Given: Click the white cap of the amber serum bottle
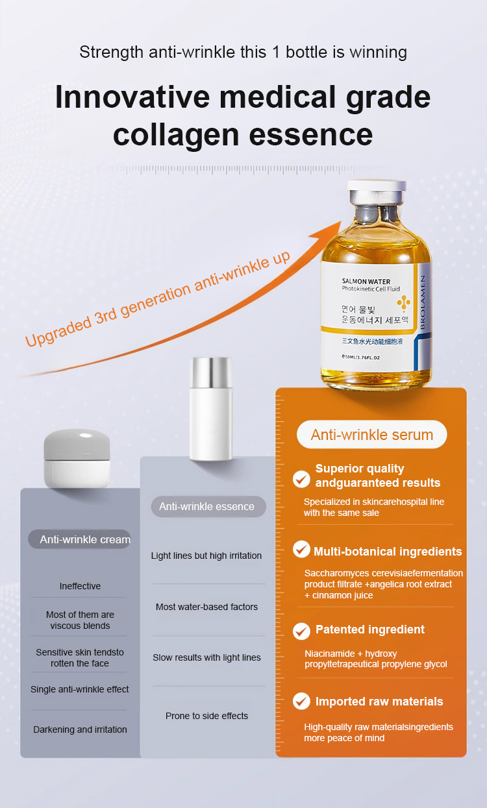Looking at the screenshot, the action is (x=376, y=185).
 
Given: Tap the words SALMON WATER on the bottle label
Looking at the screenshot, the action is (x=366, y=282).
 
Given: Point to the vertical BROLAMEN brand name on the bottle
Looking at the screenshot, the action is (x=422, y=302).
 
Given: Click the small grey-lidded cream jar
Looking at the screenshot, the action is (x=77, y=458).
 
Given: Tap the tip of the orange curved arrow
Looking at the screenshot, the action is (x=341, y=221).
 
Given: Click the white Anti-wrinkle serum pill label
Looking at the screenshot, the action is (x=372, y=435).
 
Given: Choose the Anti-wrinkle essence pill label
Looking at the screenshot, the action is (x=208, y=506).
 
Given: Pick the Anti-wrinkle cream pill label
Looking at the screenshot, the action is (x=80, y=539).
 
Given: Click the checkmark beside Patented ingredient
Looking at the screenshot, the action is (x=301, y=631).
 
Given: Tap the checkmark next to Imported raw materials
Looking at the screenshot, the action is (x=301, y=701).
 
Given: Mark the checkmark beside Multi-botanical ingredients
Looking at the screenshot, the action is (x=301, y=549).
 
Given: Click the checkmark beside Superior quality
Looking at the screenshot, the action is (x=301, y=479).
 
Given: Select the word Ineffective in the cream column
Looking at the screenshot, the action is (x=80, y=586).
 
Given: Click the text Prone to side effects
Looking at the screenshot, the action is (x=207, y=716).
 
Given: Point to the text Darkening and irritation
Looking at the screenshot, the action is (x=80, y=729).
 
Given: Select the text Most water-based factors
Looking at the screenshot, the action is (x=207, y=607).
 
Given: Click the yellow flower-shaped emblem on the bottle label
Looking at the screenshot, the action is (x=404, y=303).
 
